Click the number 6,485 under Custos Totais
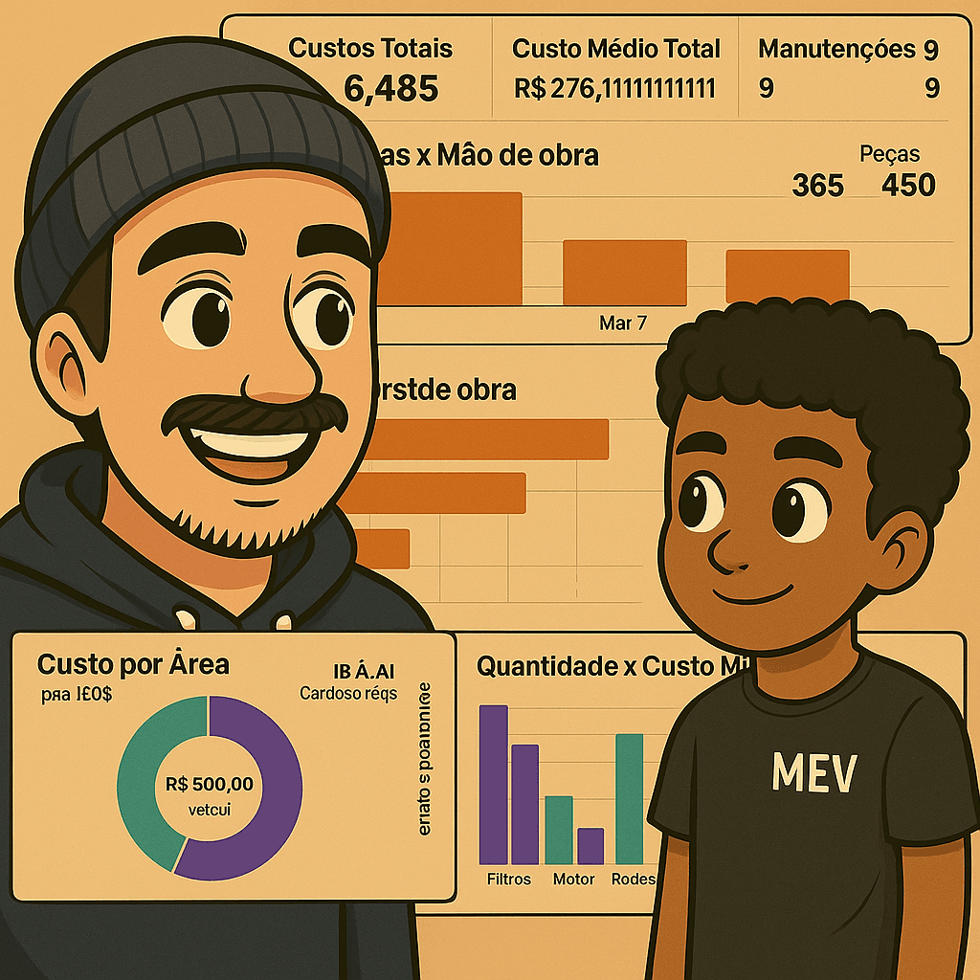[x=390, y=89]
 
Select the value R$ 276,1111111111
[x=614, y=89]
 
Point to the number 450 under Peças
[x=908, y=185]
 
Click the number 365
[x=818, y=185]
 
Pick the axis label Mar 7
[x=622, y=323]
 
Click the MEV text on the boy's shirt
[x=814, y=773]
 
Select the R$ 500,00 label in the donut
[x=210, y=785]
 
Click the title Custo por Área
[x=133, y=664]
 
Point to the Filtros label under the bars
[x=508, y=879]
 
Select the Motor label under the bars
[x=574, y=879]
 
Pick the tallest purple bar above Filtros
[x=494, y=785]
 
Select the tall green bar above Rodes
[x=629, y=799]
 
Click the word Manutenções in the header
[x=836, y=49]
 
